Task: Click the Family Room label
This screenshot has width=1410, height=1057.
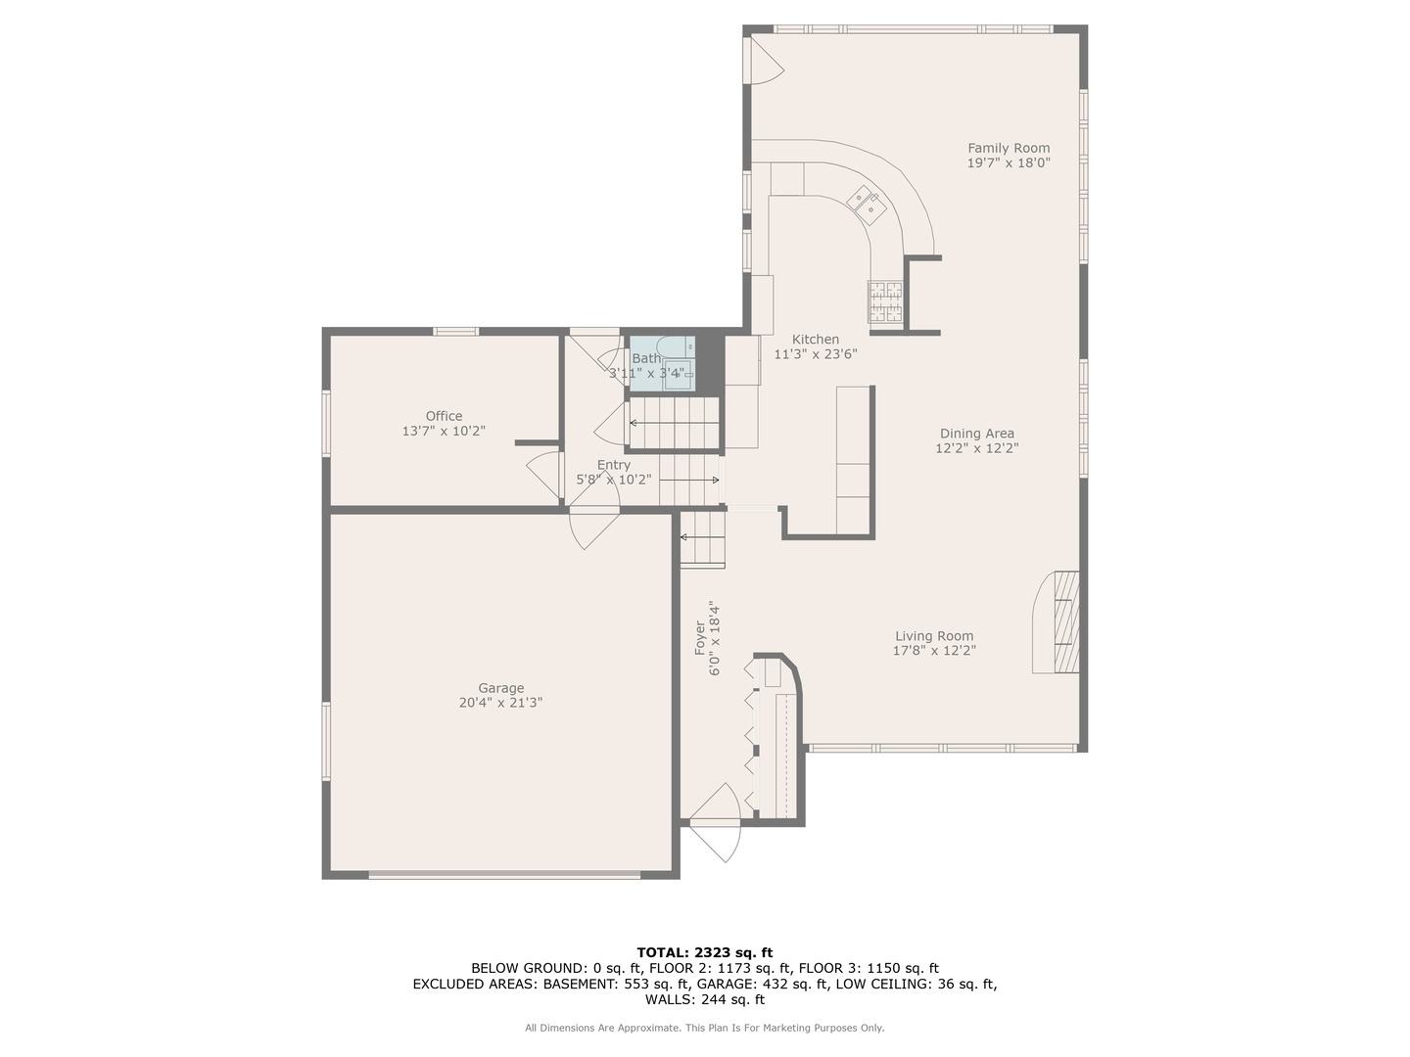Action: point(1009,149)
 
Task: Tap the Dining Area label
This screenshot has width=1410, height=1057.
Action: point(976,434)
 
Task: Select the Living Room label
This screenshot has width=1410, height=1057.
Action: point(934,636)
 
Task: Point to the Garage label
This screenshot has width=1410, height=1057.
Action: point(500,688)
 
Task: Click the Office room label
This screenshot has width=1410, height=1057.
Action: point(444,416)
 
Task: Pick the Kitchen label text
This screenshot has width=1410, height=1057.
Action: point(815,340)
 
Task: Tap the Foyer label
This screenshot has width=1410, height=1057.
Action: point(700,638)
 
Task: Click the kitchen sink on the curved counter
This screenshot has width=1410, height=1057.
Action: point(867,203)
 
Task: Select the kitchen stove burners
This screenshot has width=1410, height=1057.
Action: point(885,301)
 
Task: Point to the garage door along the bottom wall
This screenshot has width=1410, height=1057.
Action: point(504,874)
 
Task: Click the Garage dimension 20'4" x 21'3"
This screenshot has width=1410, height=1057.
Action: point(500,703)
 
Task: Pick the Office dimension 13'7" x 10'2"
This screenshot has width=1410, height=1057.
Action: point(444,431)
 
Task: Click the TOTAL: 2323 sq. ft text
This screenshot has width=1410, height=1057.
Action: point(704,951)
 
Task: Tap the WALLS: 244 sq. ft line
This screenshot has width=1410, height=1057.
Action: point(704,999)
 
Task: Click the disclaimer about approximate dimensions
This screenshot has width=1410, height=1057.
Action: point(704,1028)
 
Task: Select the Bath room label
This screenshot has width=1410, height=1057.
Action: point(645,358)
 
